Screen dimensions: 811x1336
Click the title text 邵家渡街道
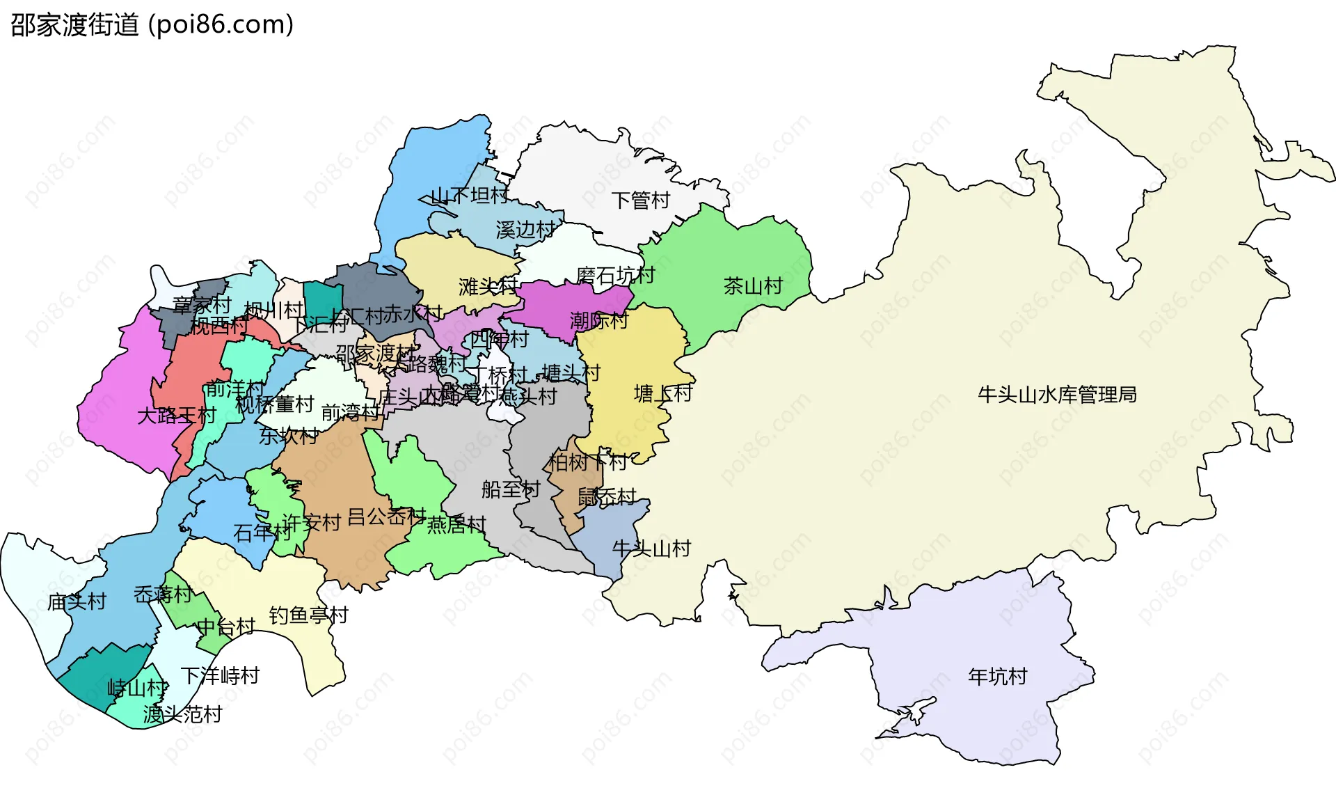75,25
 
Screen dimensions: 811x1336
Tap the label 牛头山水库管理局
1057,395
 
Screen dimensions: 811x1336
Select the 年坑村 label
997,676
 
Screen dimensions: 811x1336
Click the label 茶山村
753,285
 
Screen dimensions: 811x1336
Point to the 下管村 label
640,200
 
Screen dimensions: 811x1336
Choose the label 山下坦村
470,196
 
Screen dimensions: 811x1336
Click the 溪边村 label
525,230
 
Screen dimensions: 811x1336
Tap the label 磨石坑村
615,275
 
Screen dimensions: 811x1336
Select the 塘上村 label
663,393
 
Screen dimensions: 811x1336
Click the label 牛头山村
651,549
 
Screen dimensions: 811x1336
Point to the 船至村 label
510,489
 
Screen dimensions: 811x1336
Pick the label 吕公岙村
386,517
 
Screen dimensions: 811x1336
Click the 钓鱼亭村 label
308,615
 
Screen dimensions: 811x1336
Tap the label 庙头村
77,601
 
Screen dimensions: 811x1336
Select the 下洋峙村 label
220,675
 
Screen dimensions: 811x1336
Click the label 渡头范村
182,714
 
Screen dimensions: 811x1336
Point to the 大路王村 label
177,416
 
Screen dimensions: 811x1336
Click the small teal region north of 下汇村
322,299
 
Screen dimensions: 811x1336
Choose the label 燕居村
456,524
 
